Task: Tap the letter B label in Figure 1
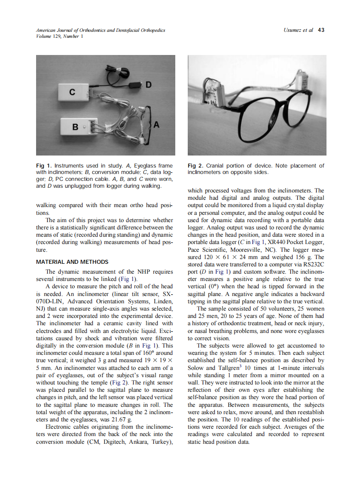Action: (x=75, y=127)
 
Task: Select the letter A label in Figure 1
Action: (x=156, y=125)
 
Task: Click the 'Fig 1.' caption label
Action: (x=43, y=166)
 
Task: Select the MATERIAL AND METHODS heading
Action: (x=72, y=262)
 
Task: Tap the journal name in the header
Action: (x=101, y=30)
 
